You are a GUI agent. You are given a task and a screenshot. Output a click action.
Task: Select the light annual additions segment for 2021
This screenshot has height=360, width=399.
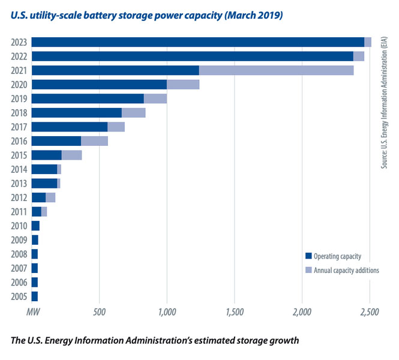coord(276,70)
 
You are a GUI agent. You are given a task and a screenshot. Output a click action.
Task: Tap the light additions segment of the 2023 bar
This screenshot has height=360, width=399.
coord(368,42)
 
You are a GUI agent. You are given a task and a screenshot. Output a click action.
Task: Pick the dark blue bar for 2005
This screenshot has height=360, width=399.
coord(35,296)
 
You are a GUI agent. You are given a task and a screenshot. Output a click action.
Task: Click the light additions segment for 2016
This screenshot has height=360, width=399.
coord(94,141)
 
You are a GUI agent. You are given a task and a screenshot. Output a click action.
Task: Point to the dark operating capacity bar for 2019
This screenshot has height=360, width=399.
coord(88,98)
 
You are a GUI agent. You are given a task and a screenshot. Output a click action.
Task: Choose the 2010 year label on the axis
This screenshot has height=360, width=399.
coord(19,226)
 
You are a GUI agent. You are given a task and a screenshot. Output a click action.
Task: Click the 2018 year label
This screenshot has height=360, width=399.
coord(19,113)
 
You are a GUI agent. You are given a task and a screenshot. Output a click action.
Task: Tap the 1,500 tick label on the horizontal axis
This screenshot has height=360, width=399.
coord(235,312)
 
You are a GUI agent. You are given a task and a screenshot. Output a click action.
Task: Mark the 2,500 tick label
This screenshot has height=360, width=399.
coord(370,312)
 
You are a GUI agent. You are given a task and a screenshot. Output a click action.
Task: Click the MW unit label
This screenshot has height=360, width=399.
coord(32,312)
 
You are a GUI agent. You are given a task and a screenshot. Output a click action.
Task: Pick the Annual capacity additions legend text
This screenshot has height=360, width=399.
coord(346,271)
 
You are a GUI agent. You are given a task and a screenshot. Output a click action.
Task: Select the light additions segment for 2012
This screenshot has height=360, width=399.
coord(50,197)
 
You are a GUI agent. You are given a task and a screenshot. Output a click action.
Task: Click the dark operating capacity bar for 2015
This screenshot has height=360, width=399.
coord(46,155)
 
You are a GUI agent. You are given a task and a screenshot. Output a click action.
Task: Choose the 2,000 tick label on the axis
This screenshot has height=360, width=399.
coord(302,312)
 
